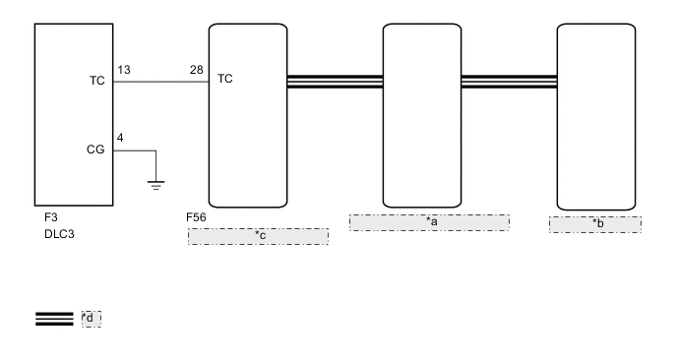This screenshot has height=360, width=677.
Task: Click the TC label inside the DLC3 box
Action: point(97,83)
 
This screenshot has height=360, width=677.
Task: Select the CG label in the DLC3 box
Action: point(97,150)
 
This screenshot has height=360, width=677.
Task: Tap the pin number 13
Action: point(124,71)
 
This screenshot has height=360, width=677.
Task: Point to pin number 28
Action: point(197,71)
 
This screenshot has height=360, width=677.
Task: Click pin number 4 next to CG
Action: point(120,138)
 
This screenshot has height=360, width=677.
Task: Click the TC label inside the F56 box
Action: point(225,78)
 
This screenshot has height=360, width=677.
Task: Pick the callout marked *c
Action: point(258,235)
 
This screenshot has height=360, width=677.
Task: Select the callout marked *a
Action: point(429,222)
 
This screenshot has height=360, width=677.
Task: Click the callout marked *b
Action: point(595,224)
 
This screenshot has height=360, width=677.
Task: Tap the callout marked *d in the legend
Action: point(92,318)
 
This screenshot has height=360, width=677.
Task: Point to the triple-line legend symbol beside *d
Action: point(54,318)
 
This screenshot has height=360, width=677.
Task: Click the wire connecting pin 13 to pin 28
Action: point(161,83)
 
